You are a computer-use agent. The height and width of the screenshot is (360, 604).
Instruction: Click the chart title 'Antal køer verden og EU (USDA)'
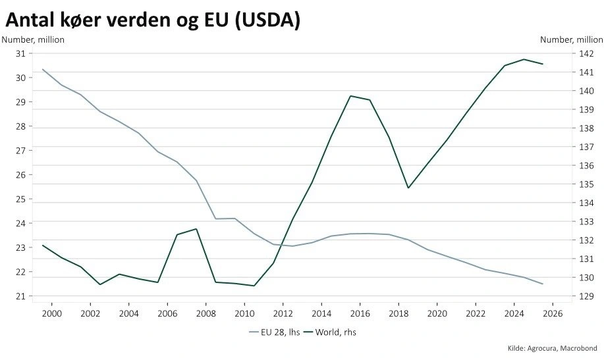(153, 20)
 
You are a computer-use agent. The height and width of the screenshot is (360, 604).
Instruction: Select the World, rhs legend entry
(333, 332)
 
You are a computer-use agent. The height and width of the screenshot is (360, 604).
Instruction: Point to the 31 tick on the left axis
(20, 53)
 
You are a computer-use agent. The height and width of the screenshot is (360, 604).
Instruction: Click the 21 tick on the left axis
(20, 296)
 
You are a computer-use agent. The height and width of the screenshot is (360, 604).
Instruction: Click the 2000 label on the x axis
(51, 313)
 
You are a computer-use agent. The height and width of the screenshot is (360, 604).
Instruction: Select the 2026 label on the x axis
(551, 313)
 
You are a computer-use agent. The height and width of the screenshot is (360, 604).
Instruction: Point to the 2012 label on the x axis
(283, 313)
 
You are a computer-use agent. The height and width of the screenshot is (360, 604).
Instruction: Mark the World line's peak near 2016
(350, 96)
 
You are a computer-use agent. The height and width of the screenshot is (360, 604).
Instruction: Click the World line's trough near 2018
(408, 188)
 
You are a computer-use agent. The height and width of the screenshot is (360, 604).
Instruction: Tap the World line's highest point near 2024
(524, 59)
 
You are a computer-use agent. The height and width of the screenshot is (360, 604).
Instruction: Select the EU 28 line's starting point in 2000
(43, 69)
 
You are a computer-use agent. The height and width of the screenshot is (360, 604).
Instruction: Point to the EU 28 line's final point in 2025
(543, 284)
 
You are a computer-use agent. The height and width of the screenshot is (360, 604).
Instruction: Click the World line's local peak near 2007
(196, 229)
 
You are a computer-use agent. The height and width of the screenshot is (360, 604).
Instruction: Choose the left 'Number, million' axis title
(33, 39)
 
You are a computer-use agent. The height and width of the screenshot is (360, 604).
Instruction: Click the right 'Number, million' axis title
(571, 39)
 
